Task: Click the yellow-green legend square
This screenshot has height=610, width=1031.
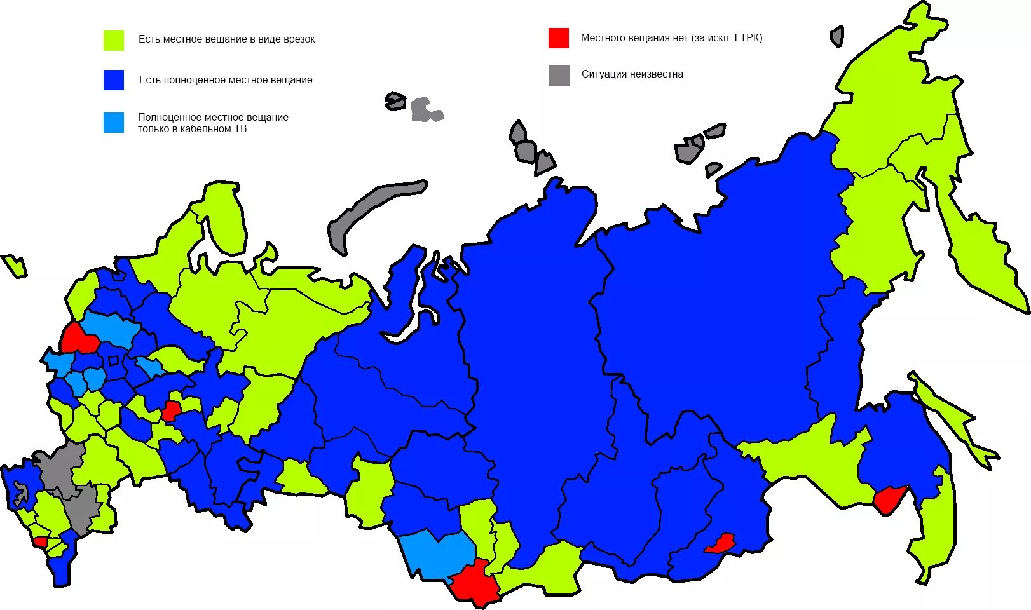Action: (x=114, y=40)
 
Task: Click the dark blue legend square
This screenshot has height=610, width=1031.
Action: (x=114, y=80)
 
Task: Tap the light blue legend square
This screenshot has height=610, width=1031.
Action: (x=114, y=123)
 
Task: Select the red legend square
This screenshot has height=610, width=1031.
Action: (x=559, y=37)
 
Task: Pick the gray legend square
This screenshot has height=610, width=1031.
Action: (x=559, y=75)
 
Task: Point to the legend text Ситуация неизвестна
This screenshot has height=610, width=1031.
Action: (x=632, y=74)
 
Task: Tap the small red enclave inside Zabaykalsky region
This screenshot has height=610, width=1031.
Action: (x=720, y=544)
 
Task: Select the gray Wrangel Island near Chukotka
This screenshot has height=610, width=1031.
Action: (x=837, y=36)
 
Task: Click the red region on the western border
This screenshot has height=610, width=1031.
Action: (x=79, y=339)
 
